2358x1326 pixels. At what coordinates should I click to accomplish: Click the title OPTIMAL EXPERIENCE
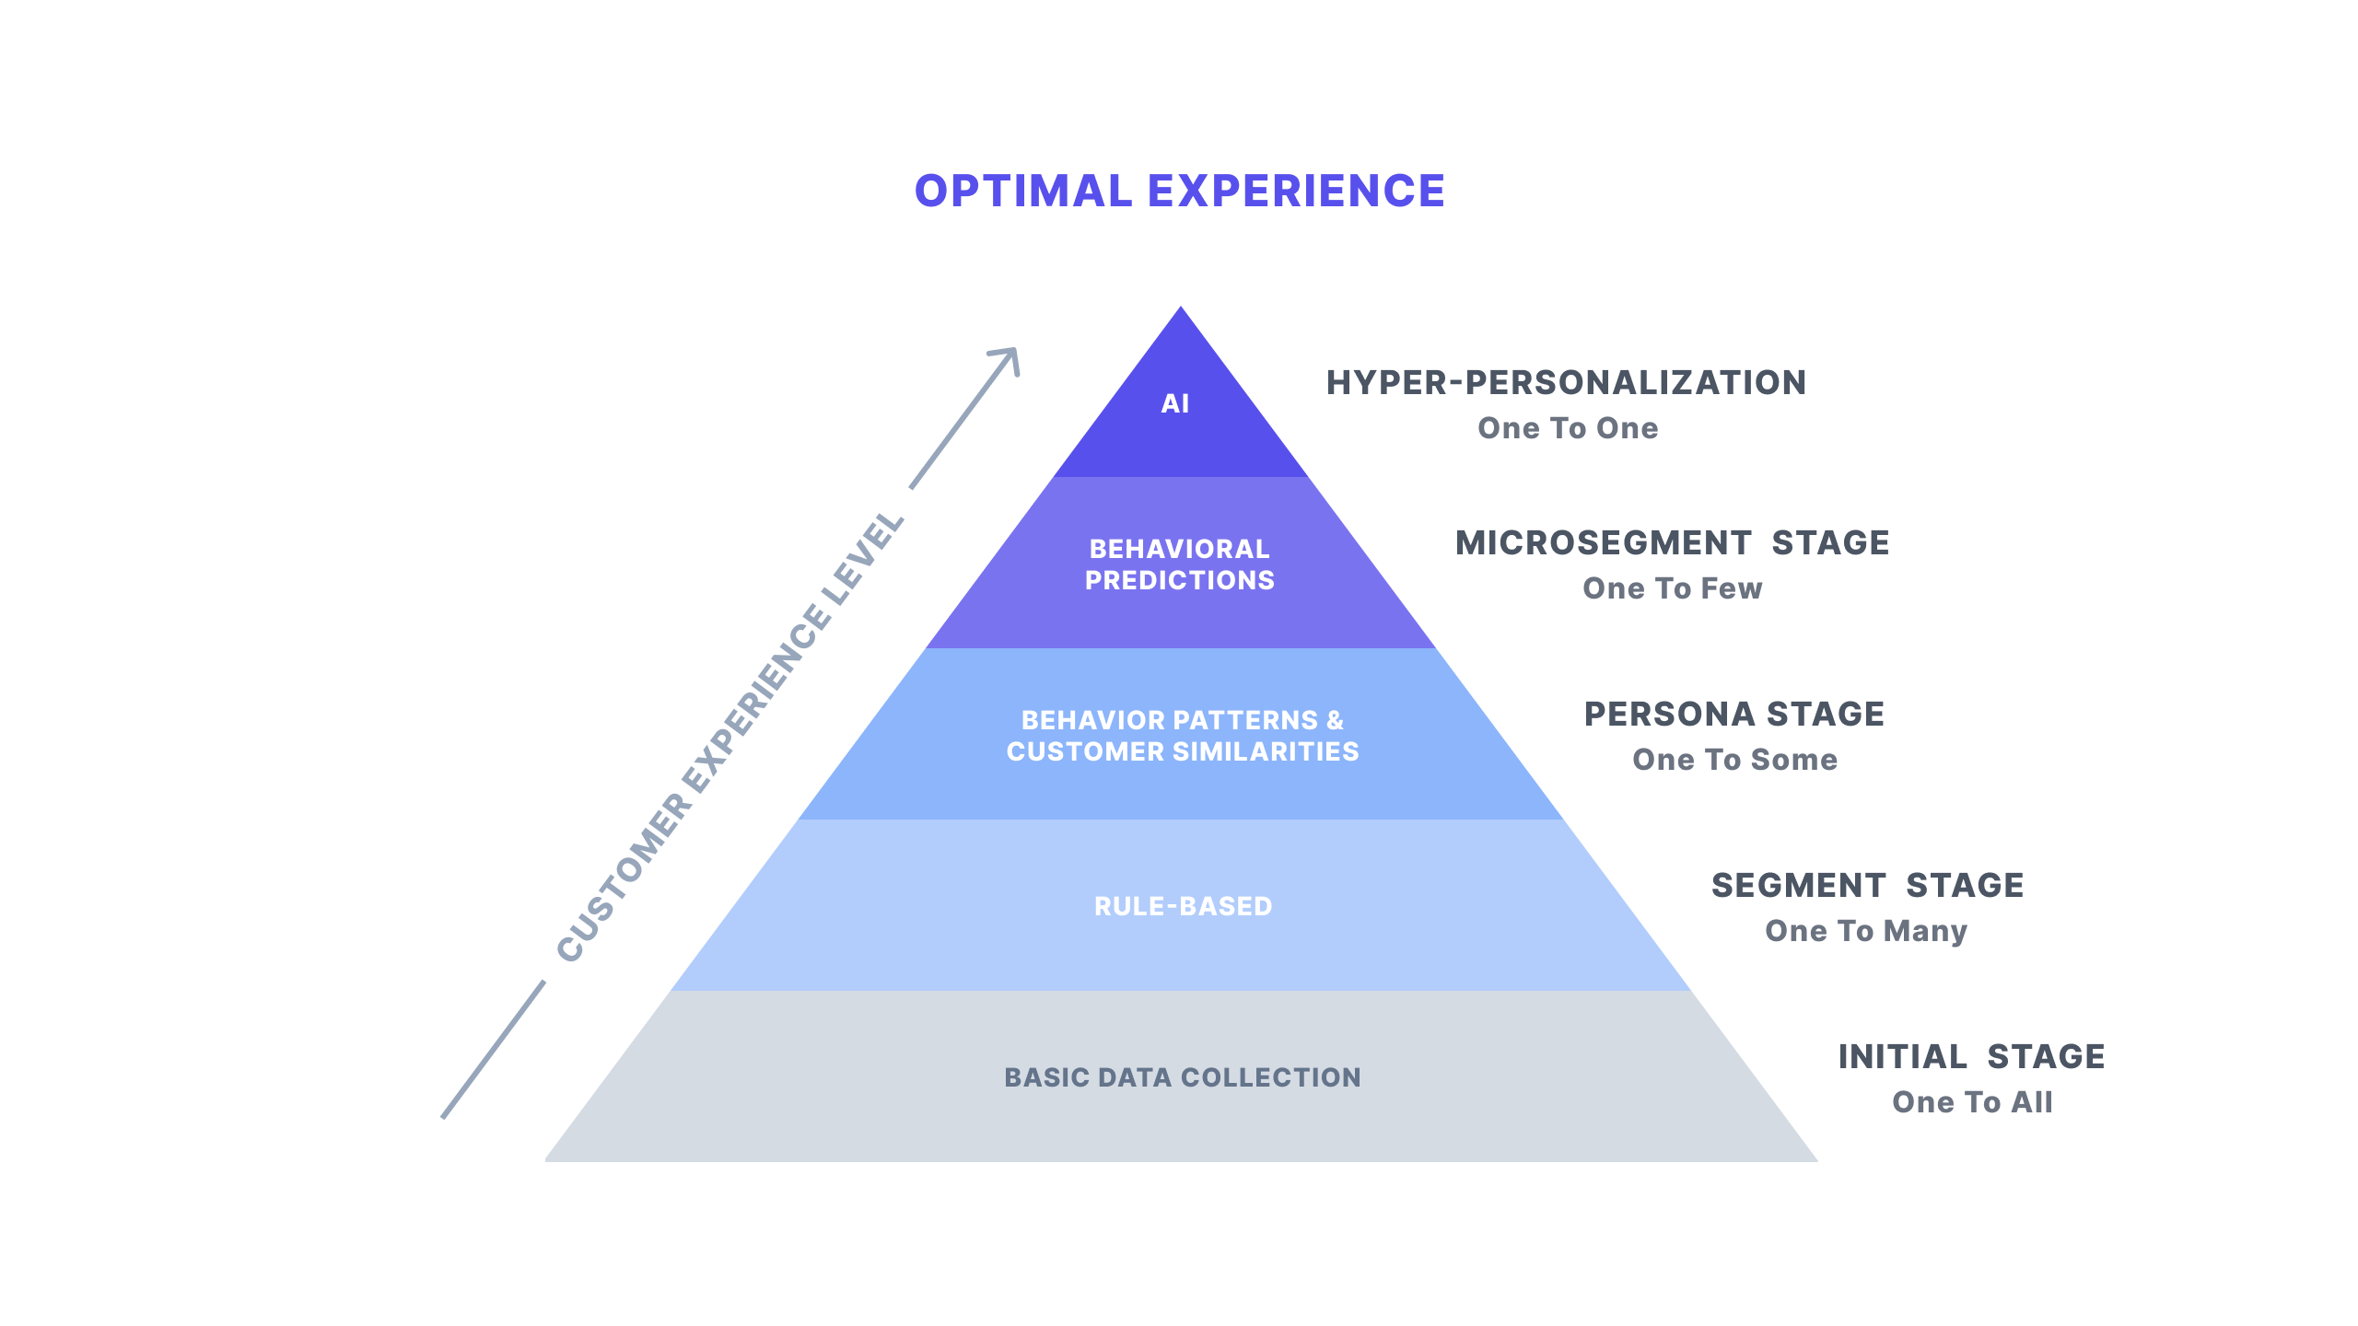(1179, 192)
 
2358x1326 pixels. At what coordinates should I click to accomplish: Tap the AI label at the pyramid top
(1175, 403)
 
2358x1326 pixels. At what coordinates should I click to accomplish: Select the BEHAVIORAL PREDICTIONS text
(1179, 564)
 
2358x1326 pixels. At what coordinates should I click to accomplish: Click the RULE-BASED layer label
(1183, 906)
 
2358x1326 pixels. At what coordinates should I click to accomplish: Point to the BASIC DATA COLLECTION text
(1182, 1077)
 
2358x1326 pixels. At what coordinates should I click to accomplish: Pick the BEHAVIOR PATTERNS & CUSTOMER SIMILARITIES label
(1182, 736)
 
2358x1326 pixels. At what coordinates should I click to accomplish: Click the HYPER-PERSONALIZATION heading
(1566, 383)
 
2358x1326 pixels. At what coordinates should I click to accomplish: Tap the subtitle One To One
(1568, 428)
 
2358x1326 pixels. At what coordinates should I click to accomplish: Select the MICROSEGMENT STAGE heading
(1672, 543)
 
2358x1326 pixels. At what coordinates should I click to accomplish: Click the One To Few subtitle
(1672, 588)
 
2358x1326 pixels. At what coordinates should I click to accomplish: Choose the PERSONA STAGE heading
(1733, 715)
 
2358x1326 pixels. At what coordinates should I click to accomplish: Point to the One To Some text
(1734, 760)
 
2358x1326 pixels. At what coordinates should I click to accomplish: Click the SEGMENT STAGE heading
(1867, 886)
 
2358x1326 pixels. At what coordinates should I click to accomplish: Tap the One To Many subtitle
(1866, 931)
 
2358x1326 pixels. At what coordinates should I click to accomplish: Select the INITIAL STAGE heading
(1971, 1057)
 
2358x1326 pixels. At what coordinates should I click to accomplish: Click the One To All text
(1972, 1102)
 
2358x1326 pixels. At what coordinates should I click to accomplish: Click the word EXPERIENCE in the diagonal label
(758, 699)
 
